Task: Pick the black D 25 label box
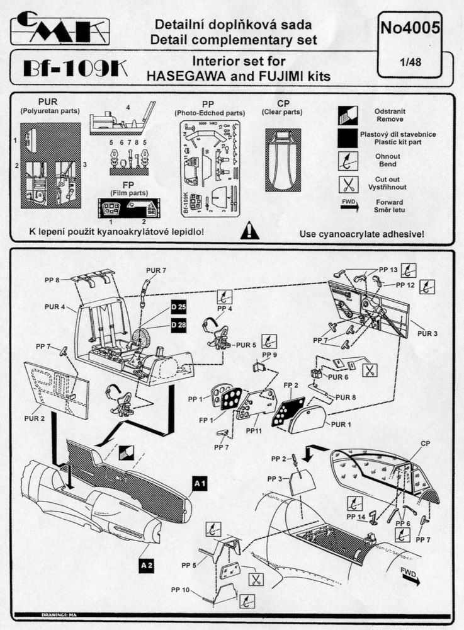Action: [179, 307]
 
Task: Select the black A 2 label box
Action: [147, 565]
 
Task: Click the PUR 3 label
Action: [426, 333]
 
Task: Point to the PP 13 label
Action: [389, 270]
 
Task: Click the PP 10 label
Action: [180, 590]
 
